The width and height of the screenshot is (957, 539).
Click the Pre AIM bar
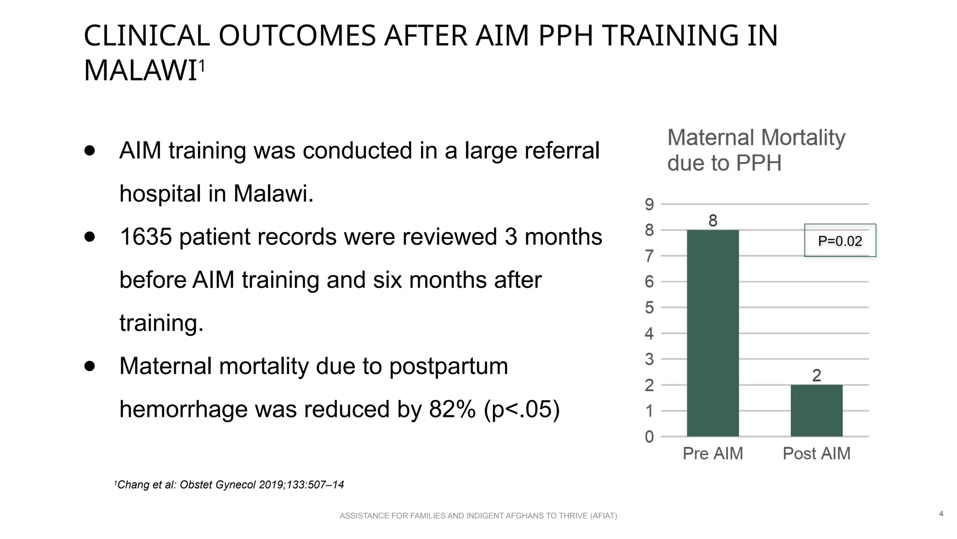(713, 333)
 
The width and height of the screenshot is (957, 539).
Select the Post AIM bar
(816, 410)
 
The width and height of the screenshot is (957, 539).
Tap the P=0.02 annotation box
(840, 240)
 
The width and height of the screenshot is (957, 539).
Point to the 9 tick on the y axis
(649, 204)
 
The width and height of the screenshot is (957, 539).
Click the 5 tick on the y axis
(649, 308)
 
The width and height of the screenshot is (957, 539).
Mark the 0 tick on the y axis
(649, 437)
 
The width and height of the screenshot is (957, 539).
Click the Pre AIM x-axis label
(713, 453)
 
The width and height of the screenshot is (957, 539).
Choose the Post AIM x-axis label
(816, 453)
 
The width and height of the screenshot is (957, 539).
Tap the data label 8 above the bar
(713, 220)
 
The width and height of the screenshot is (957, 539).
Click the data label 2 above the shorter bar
(816, 375)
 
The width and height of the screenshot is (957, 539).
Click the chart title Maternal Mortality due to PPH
(756, 150)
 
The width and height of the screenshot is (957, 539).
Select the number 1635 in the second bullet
(146, 237)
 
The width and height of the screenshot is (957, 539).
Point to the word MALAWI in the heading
(140, 71)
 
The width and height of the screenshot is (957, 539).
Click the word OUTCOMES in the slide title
(297, 36)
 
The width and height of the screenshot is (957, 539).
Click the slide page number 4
(941, 514)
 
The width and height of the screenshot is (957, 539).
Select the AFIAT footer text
(478, 516)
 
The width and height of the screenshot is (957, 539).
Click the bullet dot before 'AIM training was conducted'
(90, 151)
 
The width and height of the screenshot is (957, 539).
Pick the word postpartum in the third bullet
(448, 366)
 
